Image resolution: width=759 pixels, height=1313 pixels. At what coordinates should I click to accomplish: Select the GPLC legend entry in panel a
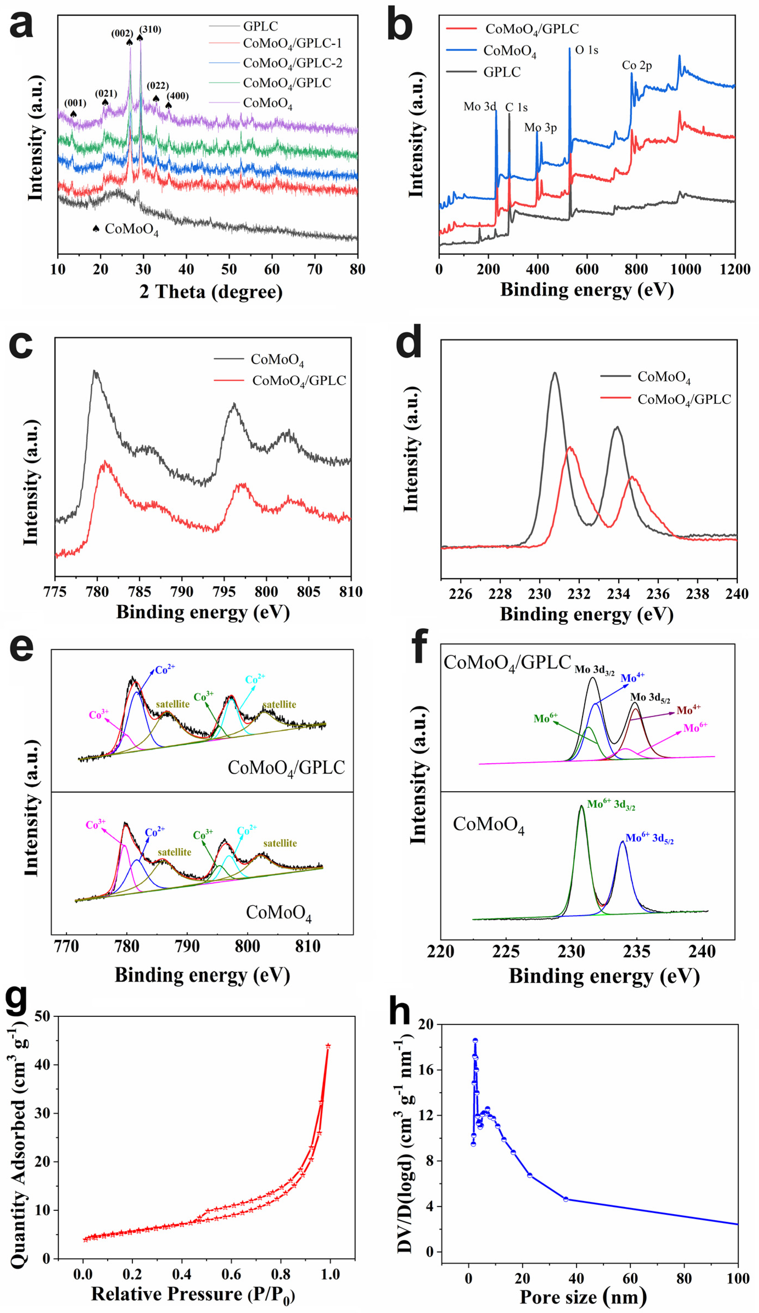pos(260,26)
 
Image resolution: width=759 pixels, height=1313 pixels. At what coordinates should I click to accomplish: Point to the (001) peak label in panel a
pos(75,103)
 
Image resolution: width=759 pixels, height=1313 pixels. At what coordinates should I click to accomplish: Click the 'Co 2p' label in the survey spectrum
pos(637,66)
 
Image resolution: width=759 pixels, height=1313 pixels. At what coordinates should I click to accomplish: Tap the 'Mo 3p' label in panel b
pos(540,128)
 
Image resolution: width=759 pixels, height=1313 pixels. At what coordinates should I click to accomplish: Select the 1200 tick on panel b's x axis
pos(735,269)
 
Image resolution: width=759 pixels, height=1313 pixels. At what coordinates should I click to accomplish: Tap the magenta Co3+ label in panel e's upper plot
pos(99,715)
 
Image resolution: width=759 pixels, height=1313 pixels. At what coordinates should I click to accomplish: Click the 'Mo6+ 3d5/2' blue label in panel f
pos(649,838)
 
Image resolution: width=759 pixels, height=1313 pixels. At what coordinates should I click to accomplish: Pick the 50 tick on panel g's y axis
pos(43,1016)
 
